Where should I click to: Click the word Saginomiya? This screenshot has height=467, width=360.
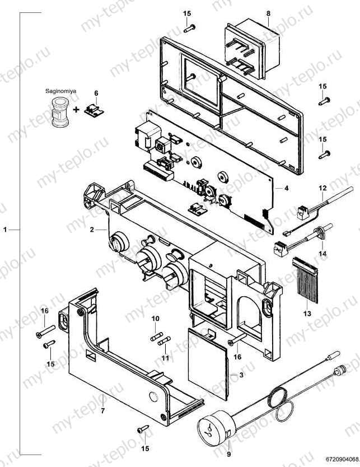60,91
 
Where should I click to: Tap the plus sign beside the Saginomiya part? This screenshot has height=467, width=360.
77,110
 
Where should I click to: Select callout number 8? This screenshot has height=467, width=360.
268,13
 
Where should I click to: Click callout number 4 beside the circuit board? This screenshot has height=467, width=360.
286,188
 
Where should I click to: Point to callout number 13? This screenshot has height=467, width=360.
307,314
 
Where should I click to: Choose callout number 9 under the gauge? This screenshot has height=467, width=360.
228,454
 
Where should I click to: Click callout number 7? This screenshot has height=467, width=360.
102,411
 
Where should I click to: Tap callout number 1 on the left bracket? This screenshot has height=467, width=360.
5,230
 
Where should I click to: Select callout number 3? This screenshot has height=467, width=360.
241,375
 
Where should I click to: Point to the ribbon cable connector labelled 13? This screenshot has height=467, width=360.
306,279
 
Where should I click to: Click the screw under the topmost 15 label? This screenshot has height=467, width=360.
189,29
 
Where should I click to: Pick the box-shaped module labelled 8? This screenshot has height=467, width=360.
253,49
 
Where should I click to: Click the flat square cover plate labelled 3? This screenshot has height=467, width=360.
208,363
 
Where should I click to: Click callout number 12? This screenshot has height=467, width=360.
323,188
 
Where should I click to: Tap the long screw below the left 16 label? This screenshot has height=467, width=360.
46,331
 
